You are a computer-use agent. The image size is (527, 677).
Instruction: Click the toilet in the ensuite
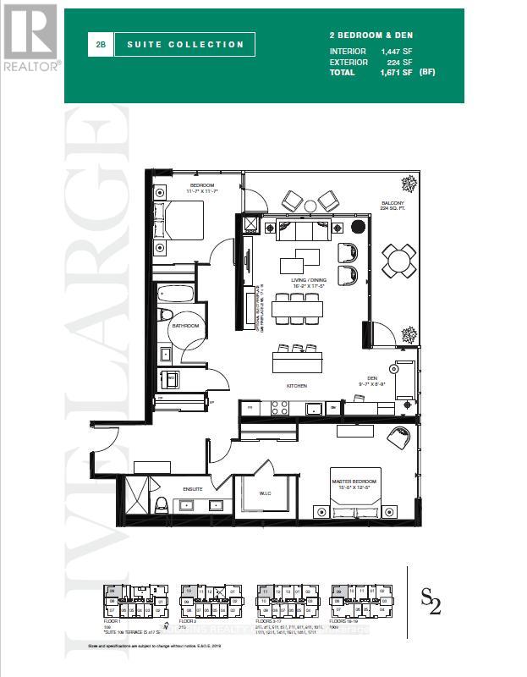tap(161, 505)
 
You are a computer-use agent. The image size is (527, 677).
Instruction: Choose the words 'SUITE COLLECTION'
tap(185, 44)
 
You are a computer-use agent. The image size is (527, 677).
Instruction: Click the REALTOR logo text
tap(30, 64)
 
